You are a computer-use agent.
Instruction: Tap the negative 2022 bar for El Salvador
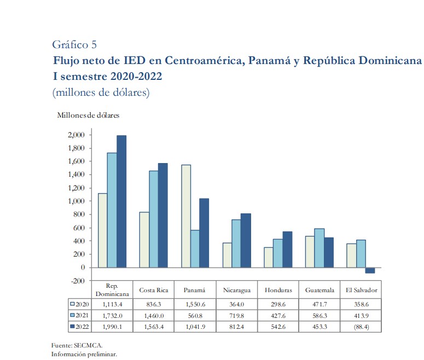pyautogui.click(x=370, y=270)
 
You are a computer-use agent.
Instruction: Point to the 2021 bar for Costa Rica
pyautogui.click(x=154, y=219)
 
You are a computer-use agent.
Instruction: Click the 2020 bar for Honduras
pyautogui.click(x=269, y=257)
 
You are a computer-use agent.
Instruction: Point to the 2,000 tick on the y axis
pyautogui.click(x=76, y=135)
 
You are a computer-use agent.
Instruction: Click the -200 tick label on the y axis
pyautogui.click(x=77, y=281)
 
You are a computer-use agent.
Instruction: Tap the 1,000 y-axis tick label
pyautogui.click(x=76, y=201)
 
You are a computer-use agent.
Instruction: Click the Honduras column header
pyautogui.click(x=278, y=290)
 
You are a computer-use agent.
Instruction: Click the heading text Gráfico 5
pyautogui.click(x=75, y=44)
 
